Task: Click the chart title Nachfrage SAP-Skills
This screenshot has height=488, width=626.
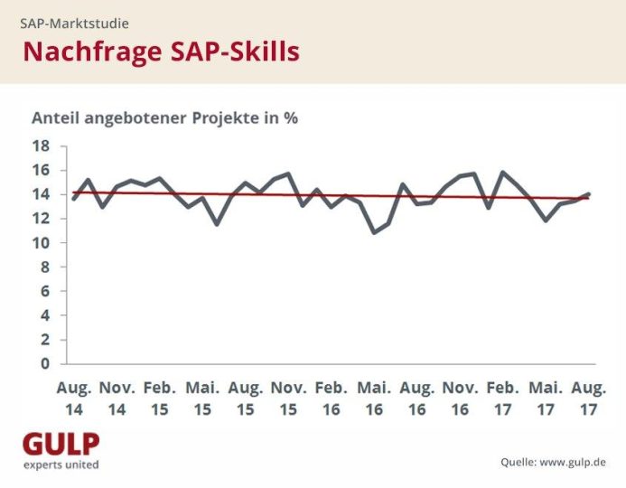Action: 162,52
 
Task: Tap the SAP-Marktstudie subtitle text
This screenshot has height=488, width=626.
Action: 75,23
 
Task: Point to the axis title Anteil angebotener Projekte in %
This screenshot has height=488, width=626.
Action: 165,118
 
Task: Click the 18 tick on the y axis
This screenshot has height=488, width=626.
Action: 42,145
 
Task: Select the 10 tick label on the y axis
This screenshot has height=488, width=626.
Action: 42,243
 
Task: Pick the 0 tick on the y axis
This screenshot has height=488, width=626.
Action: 45,364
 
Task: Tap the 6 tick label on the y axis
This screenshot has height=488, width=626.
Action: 45,291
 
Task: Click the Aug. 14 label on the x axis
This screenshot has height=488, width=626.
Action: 74,399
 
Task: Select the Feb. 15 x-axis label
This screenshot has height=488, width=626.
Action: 160,399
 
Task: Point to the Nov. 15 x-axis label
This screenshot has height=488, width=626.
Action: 289,399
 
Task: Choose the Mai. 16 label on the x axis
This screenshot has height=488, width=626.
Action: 374,399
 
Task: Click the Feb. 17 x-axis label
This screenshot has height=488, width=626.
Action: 502,399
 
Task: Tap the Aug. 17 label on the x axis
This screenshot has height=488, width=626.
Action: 589,399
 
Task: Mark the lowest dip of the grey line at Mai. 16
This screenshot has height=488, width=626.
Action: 374,232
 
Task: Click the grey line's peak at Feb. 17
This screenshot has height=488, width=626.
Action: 502,173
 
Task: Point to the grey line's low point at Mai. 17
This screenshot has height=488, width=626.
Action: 546,221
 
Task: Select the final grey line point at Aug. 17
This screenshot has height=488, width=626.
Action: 588,194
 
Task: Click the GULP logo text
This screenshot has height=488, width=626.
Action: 61,444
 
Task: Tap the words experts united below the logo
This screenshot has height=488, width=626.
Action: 61,465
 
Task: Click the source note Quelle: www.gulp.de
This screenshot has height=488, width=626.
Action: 554,463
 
